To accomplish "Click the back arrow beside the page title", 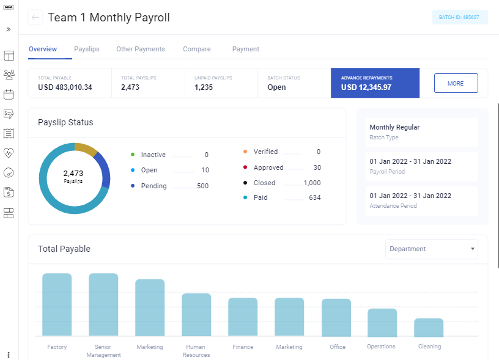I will (35, 18).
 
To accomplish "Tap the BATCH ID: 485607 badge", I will (459, 18).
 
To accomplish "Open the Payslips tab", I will (87, 49).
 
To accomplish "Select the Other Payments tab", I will (141, 49).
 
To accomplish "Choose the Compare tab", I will (196, 49).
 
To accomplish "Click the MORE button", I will (456, 83).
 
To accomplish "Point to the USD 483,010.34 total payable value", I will (65, 87).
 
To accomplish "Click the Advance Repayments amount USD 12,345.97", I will (366, 87).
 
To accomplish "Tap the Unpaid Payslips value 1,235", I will (204, 87).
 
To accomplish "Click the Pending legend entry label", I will (153, 186).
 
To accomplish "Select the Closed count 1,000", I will (312, 183).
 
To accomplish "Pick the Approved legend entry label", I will (268, 167).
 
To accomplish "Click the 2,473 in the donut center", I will (73, 174).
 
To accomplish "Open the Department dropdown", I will (432, 249).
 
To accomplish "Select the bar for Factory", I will (57, 305).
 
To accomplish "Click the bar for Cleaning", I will (429, 328).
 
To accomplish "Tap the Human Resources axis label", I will (196, 351).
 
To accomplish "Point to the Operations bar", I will (382, 323).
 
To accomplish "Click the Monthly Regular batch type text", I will (394, 127).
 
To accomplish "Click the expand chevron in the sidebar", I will (9, 29).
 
